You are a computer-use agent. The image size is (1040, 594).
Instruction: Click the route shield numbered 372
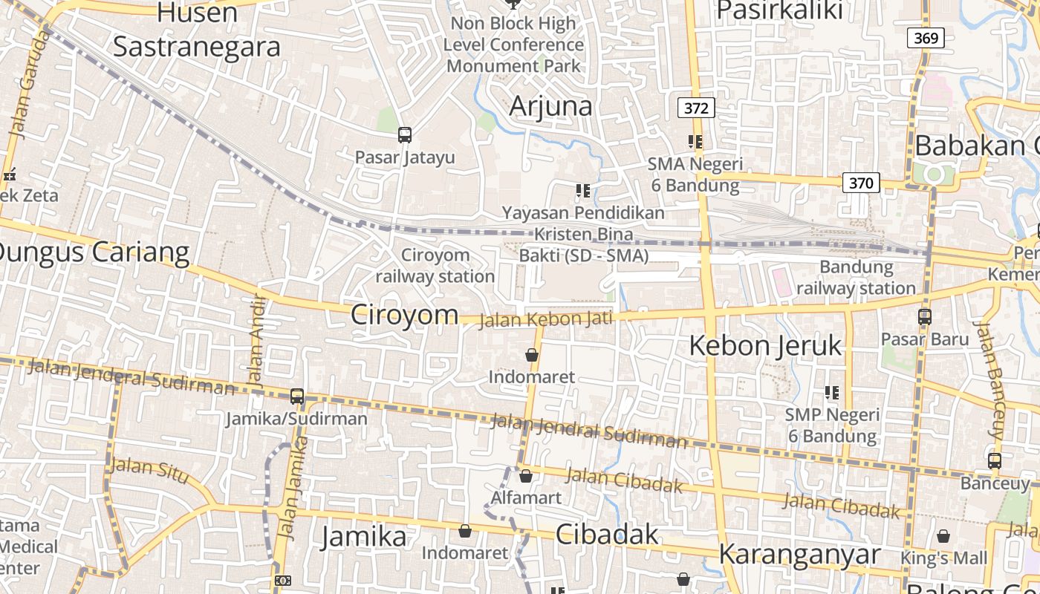[x=696, y=108]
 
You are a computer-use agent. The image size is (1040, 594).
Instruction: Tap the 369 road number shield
[x=926, y=38]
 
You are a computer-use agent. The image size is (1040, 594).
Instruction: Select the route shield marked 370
[x=861, y=183]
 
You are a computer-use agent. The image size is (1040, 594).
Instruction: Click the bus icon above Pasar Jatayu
[x=405, y=135]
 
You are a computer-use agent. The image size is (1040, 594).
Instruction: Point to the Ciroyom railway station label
[x=435, y=266]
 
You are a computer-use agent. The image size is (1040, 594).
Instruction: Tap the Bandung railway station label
[x=857, y=278]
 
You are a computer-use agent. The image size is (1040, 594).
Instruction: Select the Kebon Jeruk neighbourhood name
[x=766, y=345]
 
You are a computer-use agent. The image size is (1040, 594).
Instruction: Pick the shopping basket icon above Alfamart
[x=526, y=476]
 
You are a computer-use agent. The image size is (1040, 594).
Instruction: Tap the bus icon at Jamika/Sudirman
[x=297, y=396]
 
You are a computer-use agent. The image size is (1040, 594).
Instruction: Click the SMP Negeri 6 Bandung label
[x=832, y=425]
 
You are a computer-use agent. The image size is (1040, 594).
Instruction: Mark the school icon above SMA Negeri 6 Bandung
[x=695, y=141]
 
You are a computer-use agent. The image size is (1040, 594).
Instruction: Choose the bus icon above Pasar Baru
[x=925, y=317]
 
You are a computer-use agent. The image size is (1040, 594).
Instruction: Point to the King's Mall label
[x=943, y=558]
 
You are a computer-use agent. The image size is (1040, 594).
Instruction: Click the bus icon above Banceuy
[x=995, y=460]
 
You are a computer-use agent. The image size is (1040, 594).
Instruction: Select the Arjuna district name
[x=551, y=106]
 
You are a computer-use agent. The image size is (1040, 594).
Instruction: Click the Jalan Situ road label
[x=149, y=470]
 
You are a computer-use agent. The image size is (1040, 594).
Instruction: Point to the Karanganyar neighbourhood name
[x=799, y=554]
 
